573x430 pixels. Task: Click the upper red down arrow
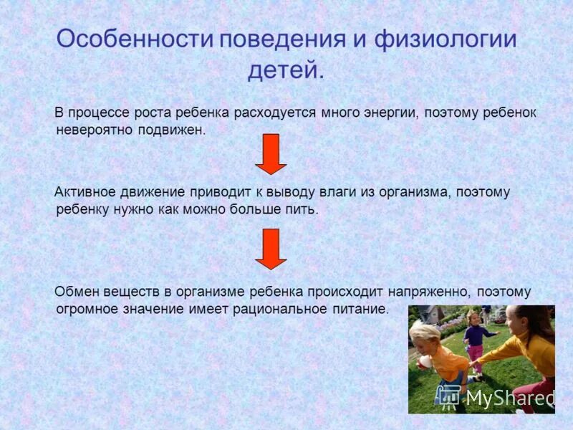(271, 153)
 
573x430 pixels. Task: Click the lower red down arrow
(271, 249)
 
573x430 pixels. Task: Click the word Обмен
(77, 292)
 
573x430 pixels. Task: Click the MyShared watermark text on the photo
(510, 396)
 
